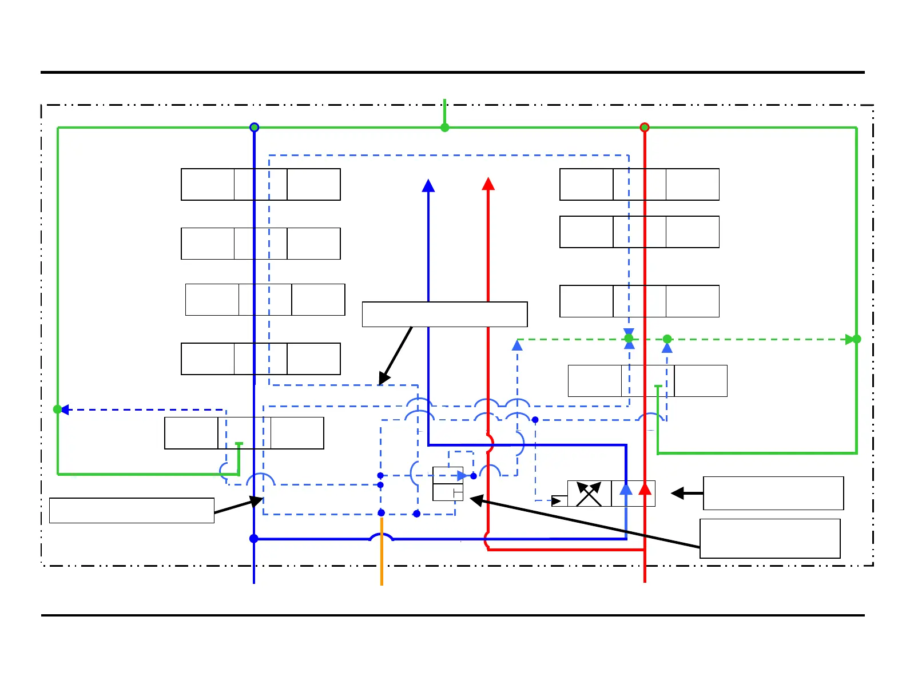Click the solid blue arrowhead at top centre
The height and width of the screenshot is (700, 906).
tap(428, 185)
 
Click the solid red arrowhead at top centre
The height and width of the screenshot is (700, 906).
tap(488, 184)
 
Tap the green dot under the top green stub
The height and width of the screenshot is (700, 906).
tap(444, 128)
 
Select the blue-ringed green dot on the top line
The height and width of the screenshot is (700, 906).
tap(255, 128)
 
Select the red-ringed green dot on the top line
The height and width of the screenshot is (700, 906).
tap(645, 128)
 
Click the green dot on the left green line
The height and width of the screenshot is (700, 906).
tap(57, 409)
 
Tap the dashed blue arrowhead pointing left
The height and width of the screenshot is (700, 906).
tap(65, 409)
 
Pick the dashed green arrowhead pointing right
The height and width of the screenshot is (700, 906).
tap(849, 339)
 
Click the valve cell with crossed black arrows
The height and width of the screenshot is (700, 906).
tap(589, 494)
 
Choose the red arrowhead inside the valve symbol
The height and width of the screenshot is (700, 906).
tap(645, 489)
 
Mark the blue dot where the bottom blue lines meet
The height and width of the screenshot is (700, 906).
tap(254, 539)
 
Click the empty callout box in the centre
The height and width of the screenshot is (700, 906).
tap(444, 315)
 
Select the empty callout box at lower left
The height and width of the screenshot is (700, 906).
tap(132, 510)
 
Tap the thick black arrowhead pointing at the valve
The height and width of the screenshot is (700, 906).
tap(678, 493)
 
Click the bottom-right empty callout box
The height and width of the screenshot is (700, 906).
tap(770, 538)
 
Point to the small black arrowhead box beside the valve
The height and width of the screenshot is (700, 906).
tap(559, 501)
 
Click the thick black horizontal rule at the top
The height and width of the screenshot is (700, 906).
tap(452, 73)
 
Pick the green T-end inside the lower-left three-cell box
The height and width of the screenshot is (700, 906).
tap(239, 444)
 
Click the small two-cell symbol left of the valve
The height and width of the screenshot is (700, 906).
tap(448, 484)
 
